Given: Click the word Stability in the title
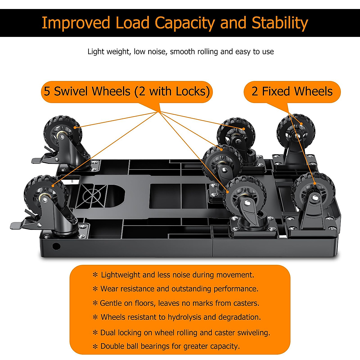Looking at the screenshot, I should pyautogui.click(x=280, y=23).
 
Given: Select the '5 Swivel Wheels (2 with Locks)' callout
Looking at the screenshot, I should pyautogui.click(x=127, y=91).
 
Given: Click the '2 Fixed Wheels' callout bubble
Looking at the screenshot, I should pyautogui.click(x=292, y=91).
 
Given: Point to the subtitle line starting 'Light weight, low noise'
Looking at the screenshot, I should pyautogui.click(x=181, y=52).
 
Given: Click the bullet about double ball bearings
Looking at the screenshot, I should pyautogui.click(x=170, y=346).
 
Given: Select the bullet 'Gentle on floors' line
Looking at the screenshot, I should pyautogui.click(x=179, y=303).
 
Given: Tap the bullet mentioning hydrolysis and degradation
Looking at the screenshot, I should pyautogui.click(x=180, y=317).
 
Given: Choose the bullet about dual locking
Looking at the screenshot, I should pyautogui.click(x=185, y=332).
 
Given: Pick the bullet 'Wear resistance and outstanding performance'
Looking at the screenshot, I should pyautogui.click(x=179, y=289).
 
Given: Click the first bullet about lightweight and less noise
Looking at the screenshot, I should pyautogui.click(x=177, y=275).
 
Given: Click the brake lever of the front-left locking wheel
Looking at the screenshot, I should pyautogui.click(x=21, y=224).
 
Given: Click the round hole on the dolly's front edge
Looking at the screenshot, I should pyautogui.click(x=56, y=247).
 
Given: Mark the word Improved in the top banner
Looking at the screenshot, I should pyautogui.click(x=76, y=23).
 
